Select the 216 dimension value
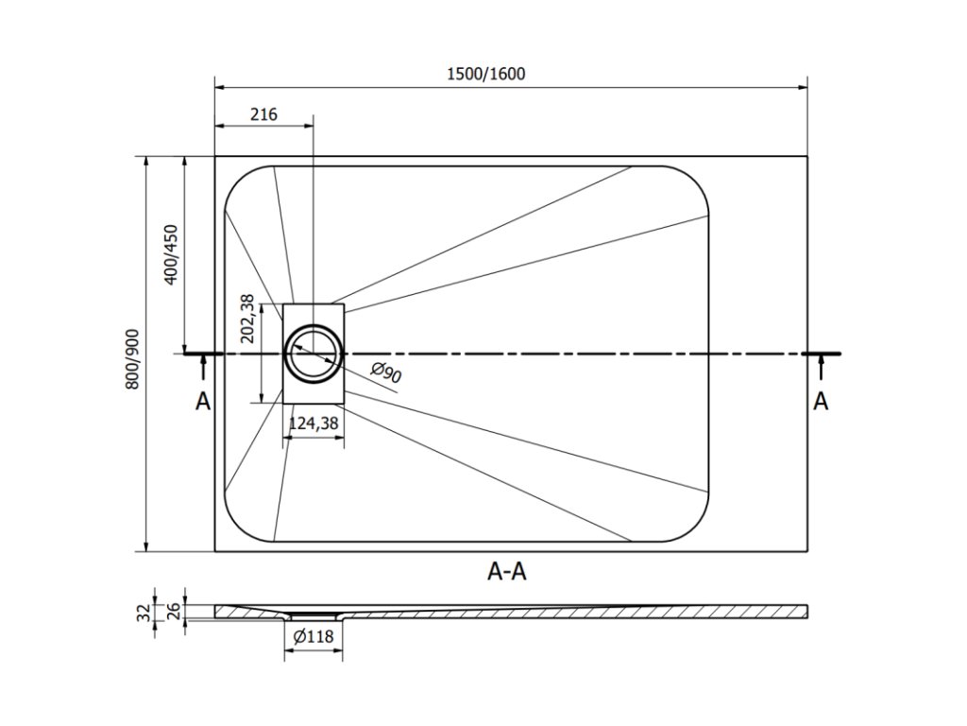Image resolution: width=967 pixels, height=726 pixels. (x=263, y=114)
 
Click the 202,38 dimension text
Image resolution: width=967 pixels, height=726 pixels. (x=247, y=318)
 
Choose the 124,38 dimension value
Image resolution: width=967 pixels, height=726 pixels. (x=314, y=423)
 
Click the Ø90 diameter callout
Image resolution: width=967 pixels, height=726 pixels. (x=386, y=373)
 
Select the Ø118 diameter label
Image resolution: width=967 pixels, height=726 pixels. (x=314, y=637)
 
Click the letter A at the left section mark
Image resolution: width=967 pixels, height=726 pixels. (x=202, y=402)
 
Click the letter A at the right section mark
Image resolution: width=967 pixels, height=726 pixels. (x=821, y=402)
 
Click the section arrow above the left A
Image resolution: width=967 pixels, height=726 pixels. (x=202, y=368)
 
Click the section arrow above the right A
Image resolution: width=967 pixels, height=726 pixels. (x=821, y=368)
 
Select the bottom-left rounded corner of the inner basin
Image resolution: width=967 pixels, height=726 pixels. (x=240, y=526)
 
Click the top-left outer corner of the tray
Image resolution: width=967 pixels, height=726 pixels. (x=215, y=156)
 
